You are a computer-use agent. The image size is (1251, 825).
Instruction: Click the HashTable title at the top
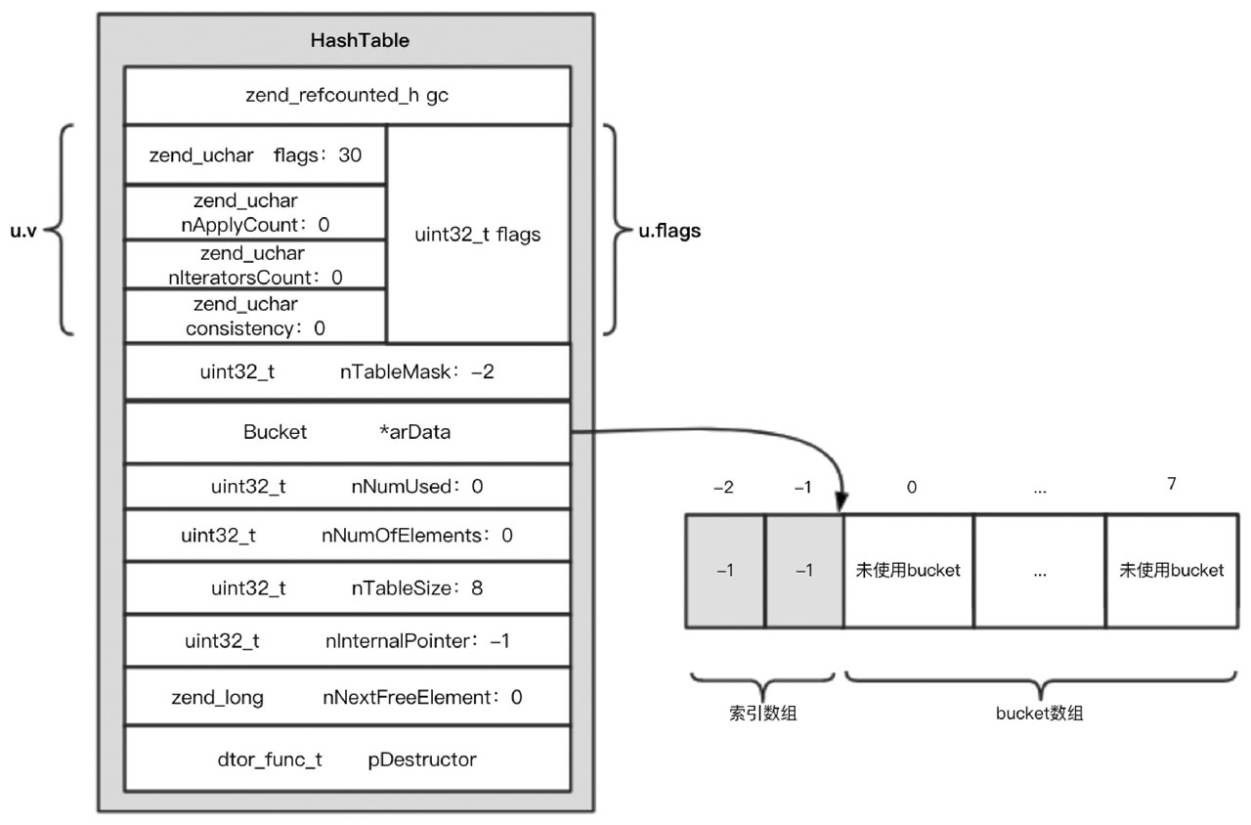tap(347, 41)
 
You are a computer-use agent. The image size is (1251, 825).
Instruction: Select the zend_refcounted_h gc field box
tap(347, 96)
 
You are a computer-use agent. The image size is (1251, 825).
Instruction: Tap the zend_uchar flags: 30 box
tap(255, 154)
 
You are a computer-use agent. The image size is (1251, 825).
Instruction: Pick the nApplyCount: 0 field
tap(255, 212)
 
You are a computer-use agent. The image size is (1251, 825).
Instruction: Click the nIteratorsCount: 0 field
tap(255, 266)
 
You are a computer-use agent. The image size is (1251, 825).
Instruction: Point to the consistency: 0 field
tap(255, 317)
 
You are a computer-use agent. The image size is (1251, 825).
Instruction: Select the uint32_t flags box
tap(478, 235)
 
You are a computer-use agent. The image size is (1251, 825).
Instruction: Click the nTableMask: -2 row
tap(347, 372)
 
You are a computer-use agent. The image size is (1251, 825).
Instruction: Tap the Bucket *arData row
tap(347, 432)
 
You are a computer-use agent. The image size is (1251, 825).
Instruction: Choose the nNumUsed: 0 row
tap(347, 486)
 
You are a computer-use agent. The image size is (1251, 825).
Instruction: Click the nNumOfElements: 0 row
tap(347, 535)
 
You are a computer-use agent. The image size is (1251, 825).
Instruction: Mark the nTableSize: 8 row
tap(347, 588)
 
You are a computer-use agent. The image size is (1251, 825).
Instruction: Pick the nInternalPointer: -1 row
tap(347, 641)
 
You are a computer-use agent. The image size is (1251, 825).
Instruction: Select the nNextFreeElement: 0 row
tap(347, 697)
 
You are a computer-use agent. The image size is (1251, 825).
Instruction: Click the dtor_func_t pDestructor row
tap(347, 759)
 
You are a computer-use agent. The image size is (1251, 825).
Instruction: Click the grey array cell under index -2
tap(725, 571)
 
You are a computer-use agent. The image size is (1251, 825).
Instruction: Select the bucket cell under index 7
tap(1171, 571)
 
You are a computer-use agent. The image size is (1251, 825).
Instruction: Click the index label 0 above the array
tap(911, 487)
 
